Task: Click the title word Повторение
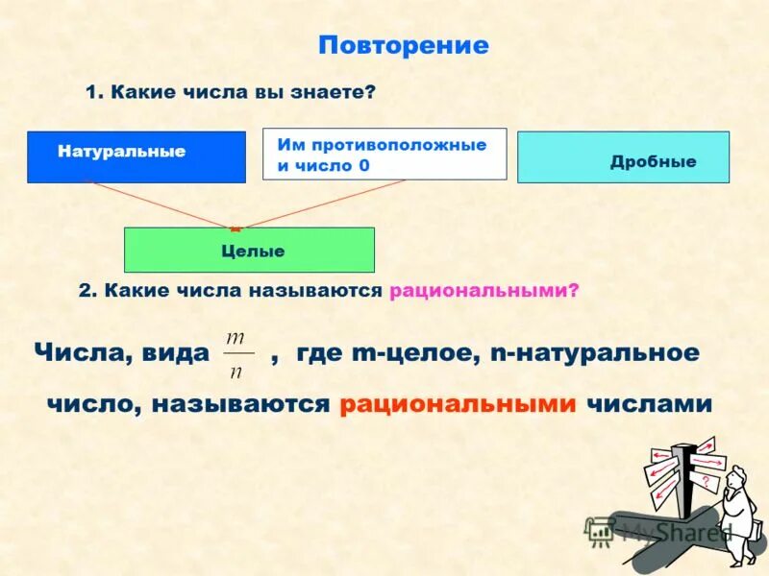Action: click(x=403, y=45)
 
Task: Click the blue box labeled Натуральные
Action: click(x=136, y=156)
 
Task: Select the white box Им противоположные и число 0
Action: click(x=384, y=155)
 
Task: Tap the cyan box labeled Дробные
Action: click(x=623, y=157)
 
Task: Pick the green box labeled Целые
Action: click(x=249, y=251)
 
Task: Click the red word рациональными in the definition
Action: click(x=457, y=404)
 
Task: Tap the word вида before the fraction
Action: click(x=172, y=352)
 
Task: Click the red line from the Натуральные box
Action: click(x=159, y=204)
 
